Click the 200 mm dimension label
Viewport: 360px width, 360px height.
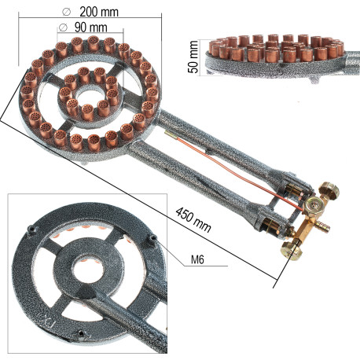[x=99, y=12]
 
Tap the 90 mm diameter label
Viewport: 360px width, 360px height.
[x=90, y=28]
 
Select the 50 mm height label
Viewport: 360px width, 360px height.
[x=193, y=57]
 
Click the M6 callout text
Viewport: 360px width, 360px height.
[x=197, y=259]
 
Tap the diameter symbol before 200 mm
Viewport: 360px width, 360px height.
[x=66, y=12]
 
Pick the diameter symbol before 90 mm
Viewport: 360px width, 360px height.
[x=63, y=28]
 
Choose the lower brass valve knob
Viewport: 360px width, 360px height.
[x=291, y=251]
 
